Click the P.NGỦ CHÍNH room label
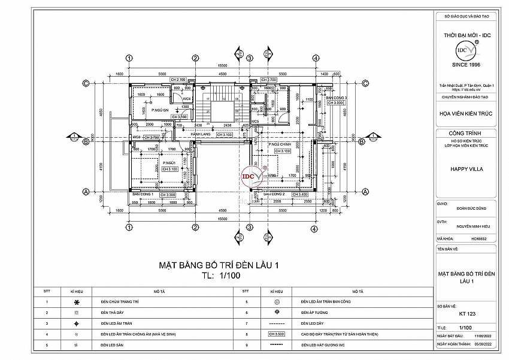(279, 145)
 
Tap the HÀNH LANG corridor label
(199, 135)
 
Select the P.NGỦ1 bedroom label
(169, 162)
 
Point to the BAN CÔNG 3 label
(336, 97)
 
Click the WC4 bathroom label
(186, 98)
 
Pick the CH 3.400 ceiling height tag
(300, 195)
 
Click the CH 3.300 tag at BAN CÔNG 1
(167, 195)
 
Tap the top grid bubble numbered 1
(129, 58)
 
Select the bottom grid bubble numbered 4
(313, 228)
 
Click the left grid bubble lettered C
(86, 83)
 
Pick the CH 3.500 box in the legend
(276, 334)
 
